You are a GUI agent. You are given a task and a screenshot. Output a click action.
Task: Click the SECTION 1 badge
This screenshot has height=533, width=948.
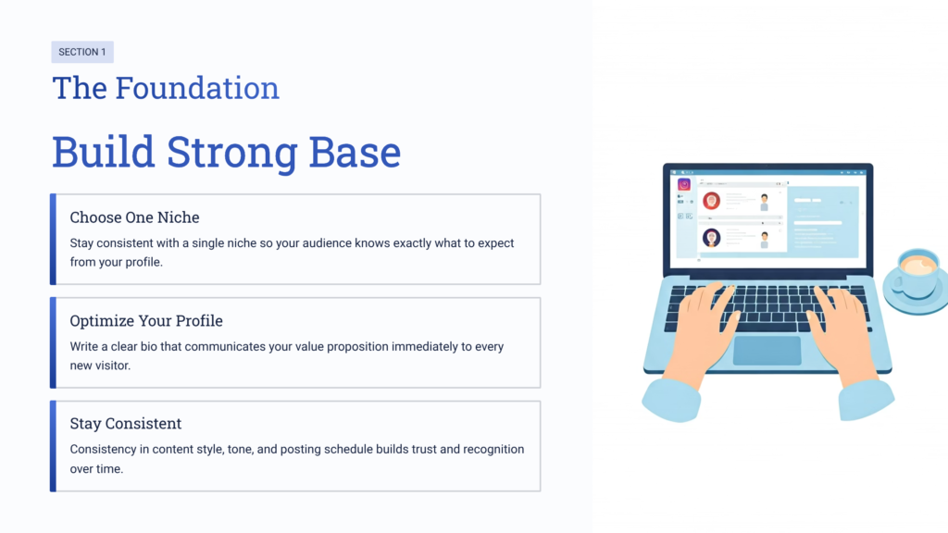pos(82,52)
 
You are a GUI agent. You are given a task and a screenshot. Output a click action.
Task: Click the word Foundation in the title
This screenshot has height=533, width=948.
pos(197,88)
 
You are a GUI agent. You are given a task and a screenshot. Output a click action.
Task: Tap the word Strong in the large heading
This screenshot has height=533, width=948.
pos(232,154)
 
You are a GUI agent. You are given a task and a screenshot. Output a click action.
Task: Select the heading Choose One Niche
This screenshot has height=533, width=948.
pos(134,217)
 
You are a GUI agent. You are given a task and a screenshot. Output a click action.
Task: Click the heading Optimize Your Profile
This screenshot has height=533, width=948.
pos(146,321)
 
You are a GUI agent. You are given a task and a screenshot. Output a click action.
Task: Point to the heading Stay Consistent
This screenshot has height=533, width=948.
pos(126,424)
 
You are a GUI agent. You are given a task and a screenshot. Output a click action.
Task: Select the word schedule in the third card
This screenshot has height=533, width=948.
pos(348,449)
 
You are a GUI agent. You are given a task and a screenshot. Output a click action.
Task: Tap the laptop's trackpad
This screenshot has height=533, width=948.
pos(767,351)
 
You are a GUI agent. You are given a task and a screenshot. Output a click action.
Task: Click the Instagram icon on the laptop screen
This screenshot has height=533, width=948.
pos(684,184)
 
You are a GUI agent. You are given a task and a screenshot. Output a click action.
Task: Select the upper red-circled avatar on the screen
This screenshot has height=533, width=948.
pos(712,201)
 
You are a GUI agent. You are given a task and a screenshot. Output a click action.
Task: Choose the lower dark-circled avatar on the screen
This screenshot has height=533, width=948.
pos(712,238)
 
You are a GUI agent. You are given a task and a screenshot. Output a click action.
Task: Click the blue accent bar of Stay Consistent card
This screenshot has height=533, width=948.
pos(53,446)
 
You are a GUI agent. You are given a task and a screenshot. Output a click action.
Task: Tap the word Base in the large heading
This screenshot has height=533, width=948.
pos(355,152)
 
